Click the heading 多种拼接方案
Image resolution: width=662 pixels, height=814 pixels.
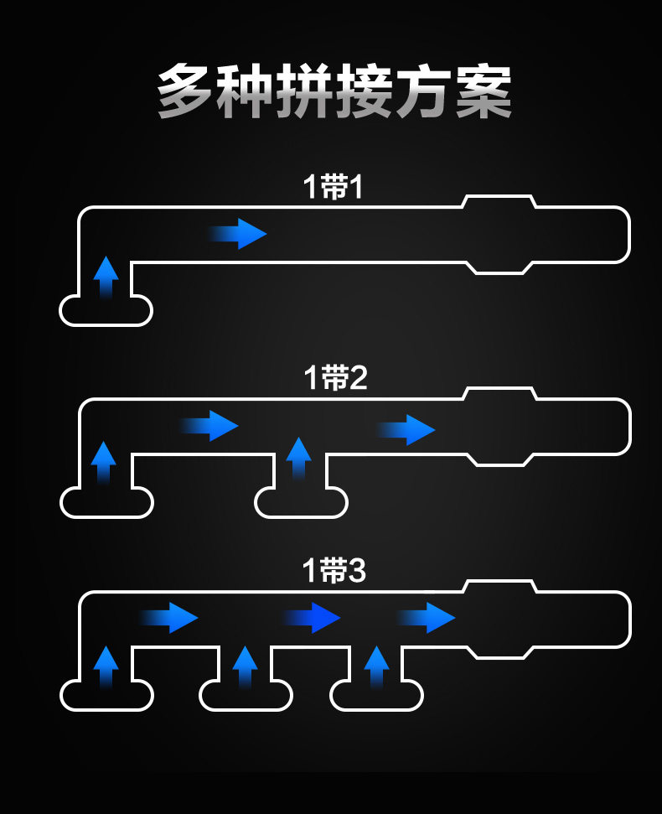[x=334, y=91]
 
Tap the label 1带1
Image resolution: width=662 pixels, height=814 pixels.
[x=333, y=187]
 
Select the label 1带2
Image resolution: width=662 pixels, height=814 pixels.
[x=335, y=377]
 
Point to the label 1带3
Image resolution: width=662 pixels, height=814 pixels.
[x=334, y=571]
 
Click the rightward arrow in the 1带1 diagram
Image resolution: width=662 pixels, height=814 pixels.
[x=238, y=234]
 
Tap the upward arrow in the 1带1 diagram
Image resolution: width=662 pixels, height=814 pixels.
[x=106, y=277]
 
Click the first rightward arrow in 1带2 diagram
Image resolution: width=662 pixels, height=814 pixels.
[x=209, y=426]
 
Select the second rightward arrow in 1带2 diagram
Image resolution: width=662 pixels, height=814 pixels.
[x=406, y=430]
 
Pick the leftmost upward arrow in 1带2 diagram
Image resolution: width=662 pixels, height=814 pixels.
[x=104, y=463]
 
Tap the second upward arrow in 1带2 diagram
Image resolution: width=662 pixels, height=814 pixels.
[x=299, y=459]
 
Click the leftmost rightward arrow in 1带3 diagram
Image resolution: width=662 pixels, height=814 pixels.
[x=168, y=618]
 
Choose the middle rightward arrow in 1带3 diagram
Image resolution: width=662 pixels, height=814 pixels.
[x=311, y=618]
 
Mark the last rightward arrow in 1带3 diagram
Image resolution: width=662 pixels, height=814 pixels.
[x=426, y=618]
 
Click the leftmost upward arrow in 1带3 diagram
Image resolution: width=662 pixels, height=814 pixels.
[x=106, y=667]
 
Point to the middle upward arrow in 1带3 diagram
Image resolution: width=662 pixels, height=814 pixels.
[x=246, y=667]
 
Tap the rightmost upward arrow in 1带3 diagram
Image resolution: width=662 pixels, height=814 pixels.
[x=376, y=667]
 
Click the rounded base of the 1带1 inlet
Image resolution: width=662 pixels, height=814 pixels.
[x=106, y=325]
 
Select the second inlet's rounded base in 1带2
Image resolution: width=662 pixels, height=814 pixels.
[x=301, y=517]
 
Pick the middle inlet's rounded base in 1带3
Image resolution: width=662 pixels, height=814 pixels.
[x=246, y=710]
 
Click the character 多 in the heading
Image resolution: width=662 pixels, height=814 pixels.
[x=184, y=91]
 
